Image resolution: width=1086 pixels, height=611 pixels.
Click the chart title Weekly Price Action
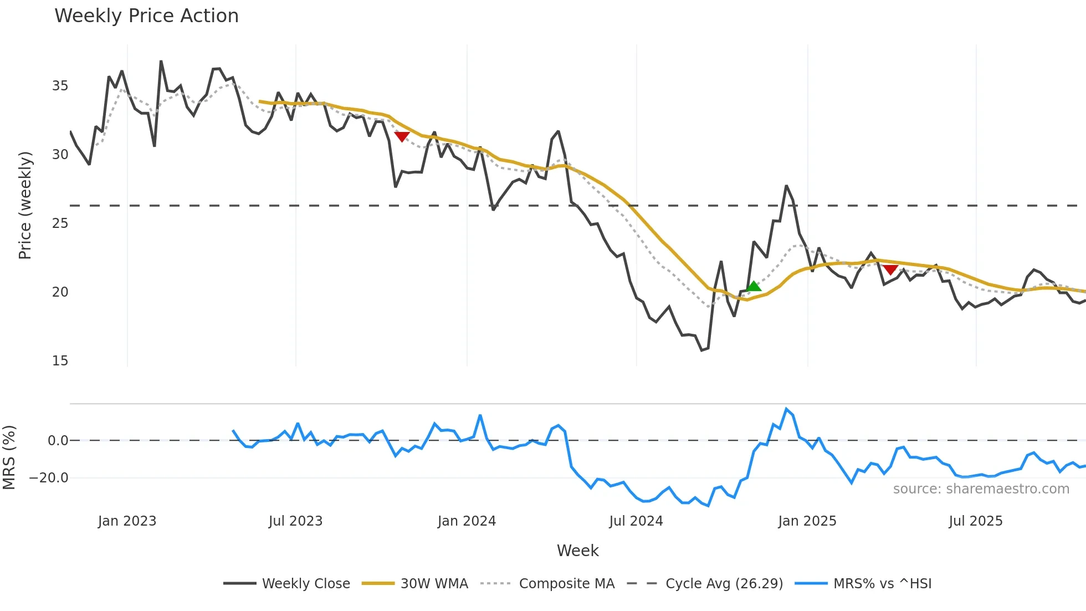point(146,16)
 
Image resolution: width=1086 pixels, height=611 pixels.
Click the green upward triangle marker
point(754,286)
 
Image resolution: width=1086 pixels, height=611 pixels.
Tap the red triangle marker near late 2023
point(402,136)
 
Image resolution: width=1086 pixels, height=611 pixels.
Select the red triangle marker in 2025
point(890,269)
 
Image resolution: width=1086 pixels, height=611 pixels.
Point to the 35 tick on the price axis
point(60,86)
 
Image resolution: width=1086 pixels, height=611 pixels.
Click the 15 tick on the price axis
point(60,361)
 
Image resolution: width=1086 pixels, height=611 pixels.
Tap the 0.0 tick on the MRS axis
point(58,441)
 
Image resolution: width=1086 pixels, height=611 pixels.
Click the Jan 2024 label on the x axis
point(467,521)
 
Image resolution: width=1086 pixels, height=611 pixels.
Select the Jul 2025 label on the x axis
point(976,521)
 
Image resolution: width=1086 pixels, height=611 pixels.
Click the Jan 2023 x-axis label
point(127,521)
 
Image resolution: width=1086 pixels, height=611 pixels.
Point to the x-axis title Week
point(577,551)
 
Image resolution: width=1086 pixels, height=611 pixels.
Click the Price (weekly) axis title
point(25,205)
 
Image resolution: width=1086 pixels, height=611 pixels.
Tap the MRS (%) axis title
point(9,457)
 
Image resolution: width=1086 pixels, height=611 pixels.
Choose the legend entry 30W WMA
point(434,584)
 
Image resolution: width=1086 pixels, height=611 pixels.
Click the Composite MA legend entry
point(566,584)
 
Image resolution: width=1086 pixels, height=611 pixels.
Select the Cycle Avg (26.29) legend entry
point(724,584)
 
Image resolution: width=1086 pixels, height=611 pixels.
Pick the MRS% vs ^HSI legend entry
point(882,584)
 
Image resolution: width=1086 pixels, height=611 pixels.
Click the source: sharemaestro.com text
point(981,489)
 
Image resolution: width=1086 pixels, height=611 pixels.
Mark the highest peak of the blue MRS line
point(786,409)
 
